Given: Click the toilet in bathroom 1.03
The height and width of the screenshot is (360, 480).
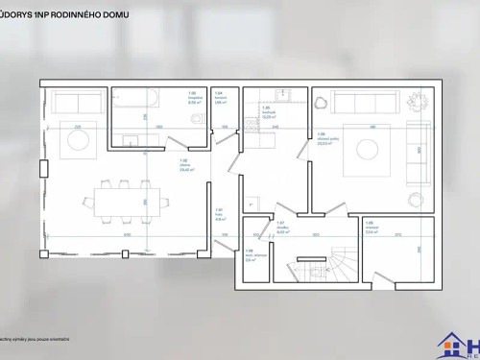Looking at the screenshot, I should coord(195,120).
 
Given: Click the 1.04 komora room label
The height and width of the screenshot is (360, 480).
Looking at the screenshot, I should coord(218,98).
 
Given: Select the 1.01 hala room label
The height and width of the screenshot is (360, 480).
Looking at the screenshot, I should coord(219,214).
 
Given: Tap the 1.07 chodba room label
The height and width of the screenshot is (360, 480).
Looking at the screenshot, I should coord(282,228).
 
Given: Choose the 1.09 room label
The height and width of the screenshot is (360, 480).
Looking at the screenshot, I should coord(370,228).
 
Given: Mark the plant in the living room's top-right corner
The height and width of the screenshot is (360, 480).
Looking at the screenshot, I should coord(417,100).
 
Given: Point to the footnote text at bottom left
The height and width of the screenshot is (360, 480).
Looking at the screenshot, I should coord(38,341).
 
